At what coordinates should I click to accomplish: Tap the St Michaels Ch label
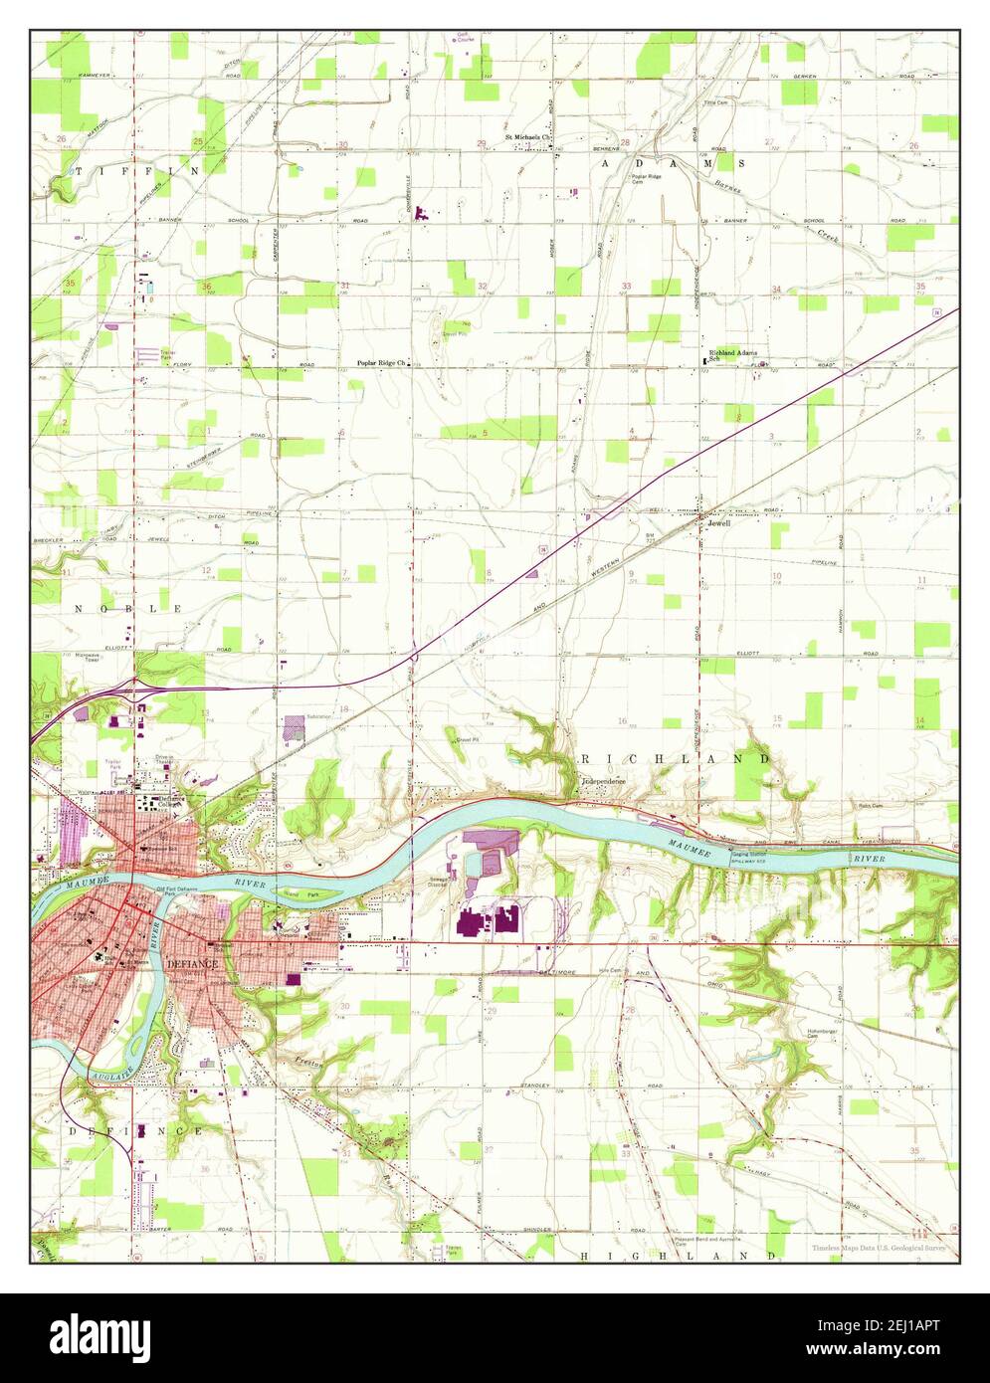527,137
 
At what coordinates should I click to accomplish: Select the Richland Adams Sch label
733,355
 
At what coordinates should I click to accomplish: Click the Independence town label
604,782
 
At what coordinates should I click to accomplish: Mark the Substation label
319,715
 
